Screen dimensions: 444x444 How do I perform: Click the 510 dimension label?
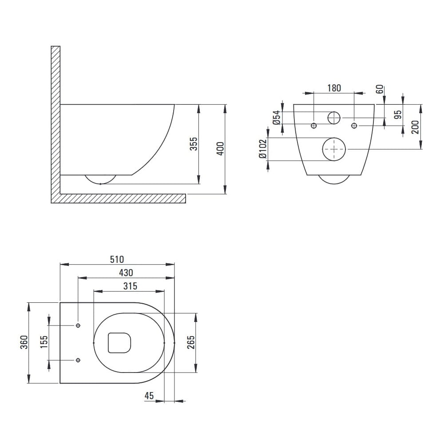pyautogui.click(x=117, y=259)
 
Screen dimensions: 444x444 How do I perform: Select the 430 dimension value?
pyautogui.click(x=126, y=273)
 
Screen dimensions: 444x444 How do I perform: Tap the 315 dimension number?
pyautogui.click(x=130, y=286)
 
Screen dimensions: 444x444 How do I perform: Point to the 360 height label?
pyautogui.click(x=24, y=342)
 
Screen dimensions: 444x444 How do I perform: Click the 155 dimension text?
pyautogui.click(x=44, y=342)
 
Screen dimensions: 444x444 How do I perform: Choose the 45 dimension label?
pyautogui.click(x=149, y=396)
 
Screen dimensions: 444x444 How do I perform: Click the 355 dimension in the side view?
pyautogui.click(x=194, y=144)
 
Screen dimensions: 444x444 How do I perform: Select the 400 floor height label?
pyautogui.click(x=220, y=148)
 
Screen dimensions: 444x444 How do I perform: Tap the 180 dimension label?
pyautogui.click(x=334, y=88)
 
